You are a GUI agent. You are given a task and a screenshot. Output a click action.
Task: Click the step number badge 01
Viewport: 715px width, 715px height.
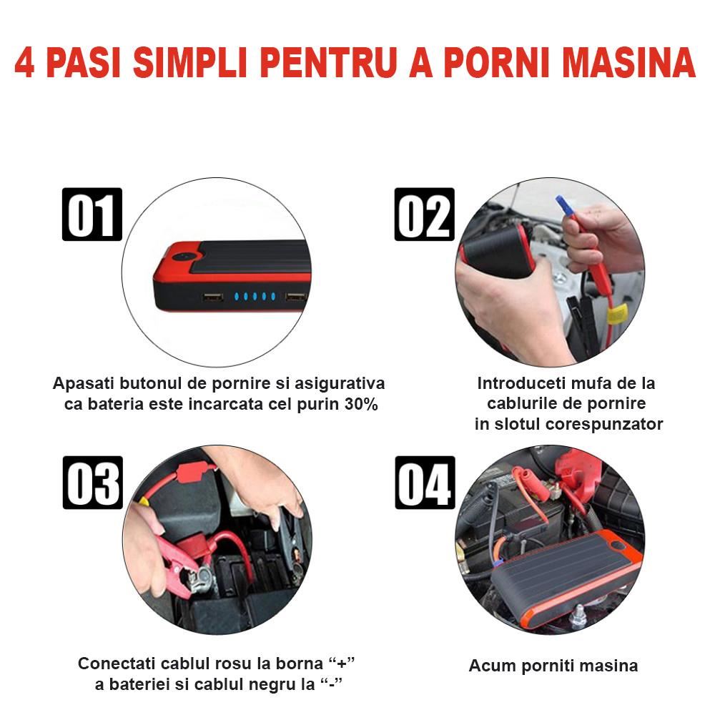pos(92,214)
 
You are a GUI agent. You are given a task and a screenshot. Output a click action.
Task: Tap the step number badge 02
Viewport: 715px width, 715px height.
pos(425,214)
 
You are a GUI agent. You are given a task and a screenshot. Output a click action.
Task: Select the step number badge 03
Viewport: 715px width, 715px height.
pos(92,482)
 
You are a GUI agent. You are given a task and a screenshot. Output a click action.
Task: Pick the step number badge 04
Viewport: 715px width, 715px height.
pos(425,482)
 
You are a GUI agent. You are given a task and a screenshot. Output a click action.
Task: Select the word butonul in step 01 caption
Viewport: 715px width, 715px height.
pos(150,383)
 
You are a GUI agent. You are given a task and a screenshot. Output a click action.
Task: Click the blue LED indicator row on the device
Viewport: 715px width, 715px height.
pos(255,297)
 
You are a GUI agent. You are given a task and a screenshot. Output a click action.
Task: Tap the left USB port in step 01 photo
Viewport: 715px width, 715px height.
pos(213,297)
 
